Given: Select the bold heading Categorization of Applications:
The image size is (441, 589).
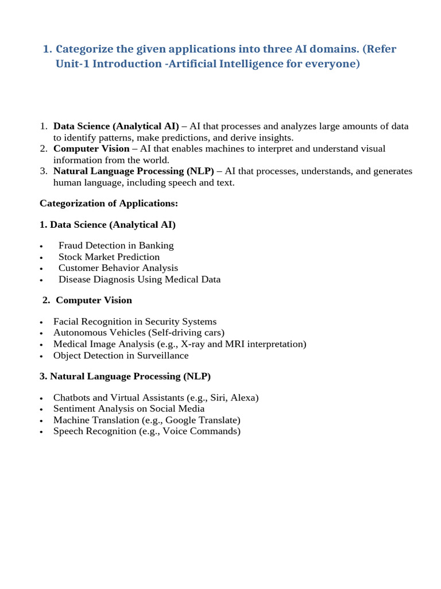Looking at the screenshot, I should point(109,203).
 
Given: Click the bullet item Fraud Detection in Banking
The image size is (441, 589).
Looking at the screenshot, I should point(116,246).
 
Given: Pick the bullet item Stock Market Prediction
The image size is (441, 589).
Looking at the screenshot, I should point(109,257).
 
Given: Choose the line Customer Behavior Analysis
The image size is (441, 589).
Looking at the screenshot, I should point(118,268).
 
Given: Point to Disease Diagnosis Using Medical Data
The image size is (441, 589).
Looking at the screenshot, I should point(140,280).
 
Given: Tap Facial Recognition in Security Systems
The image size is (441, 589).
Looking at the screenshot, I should point(135,322).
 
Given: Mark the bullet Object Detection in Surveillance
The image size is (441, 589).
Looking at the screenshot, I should point(121,355).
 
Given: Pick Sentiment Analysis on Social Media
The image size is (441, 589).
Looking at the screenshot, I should point(129,409).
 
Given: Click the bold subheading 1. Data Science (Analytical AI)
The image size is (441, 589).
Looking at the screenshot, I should point(108,225).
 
